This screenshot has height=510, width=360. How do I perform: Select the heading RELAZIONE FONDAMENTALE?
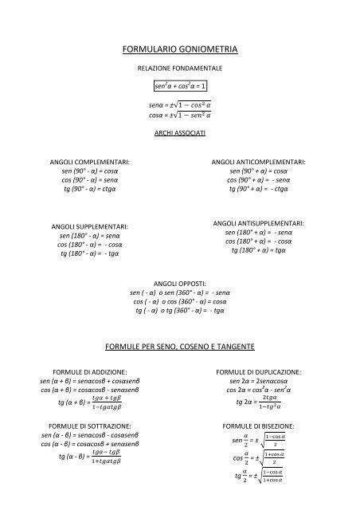coord(179,69)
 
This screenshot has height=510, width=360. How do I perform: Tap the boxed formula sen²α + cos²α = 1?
coord(179,85)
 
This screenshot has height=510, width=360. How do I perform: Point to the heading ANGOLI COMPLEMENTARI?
coord(90,163)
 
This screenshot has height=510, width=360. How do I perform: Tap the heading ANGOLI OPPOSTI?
coord(179,283)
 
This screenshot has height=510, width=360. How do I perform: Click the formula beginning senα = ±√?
coord(179,104)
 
